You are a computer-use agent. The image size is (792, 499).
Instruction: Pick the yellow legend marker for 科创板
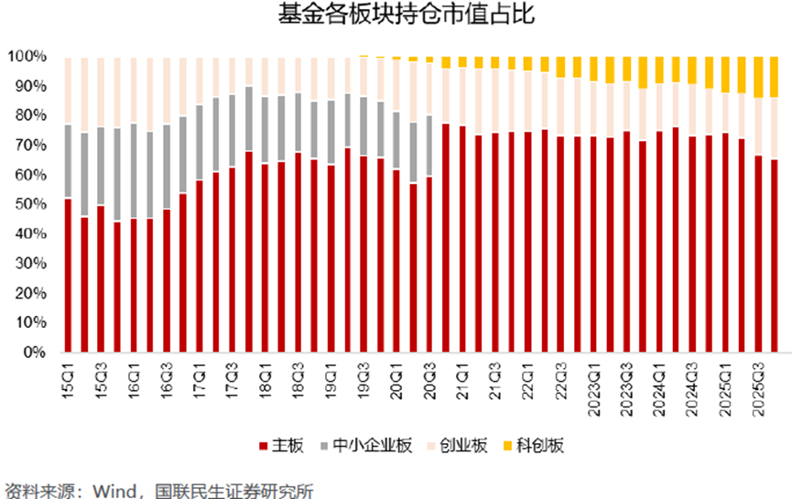point(507,446)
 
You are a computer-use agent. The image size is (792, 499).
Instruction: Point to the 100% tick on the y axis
point(27,57)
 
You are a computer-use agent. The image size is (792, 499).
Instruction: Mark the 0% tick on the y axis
point(34,353)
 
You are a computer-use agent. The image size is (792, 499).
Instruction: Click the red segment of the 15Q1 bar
point(69,275)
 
